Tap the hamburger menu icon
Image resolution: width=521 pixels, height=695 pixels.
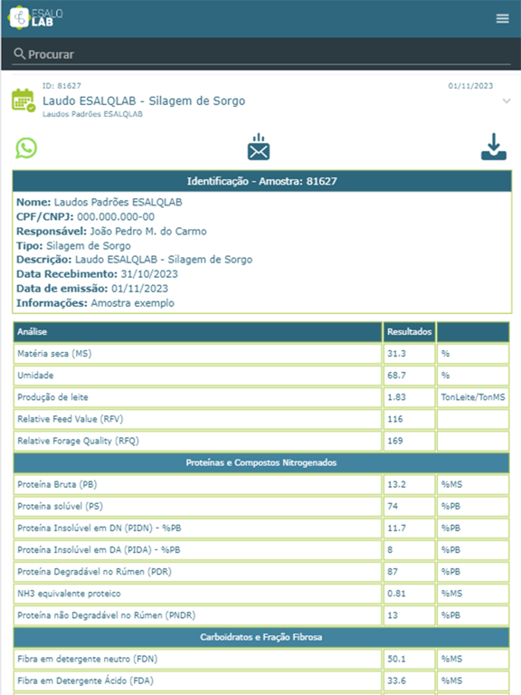[x=503, y=19]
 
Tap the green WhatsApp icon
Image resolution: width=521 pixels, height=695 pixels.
[x=27, y=148]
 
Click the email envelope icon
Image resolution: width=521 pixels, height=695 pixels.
[x=260, y=148]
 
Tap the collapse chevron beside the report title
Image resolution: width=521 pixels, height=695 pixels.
[x=507, y=101]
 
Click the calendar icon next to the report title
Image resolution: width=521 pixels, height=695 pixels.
[x=24, y=100]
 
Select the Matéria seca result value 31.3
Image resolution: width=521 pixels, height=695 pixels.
[x=396, y=354]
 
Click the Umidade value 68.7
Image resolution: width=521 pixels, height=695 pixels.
[x=396, y=376]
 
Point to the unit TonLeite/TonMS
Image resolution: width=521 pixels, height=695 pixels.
[x=472, y=397]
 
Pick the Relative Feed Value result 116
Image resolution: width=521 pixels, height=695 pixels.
[x=395, y=419]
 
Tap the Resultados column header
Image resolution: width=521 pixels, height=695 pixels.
[x=409, y=332]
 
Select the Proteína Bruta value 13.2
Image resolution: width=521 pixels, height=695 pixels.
[x=396, y=485]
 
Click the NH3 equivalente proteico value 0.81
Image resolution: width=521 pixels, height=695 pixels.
[x=396, y=594]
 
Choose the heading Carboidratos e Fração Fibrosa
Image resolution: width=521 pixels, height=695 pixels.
[x=261, y=637]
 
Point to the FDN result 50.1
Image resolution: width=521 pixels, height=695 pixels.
[x=396, y=660]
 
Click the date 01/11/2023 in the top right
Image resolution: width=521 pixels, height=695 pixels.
[x=470, y=86]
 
